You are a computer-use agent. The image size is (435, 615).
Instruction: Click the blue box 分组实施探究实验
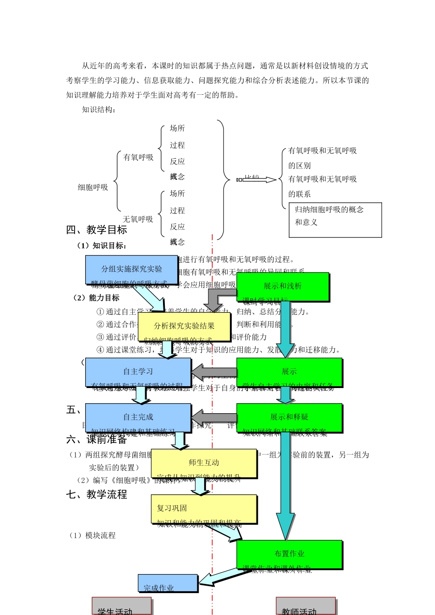point(131,270)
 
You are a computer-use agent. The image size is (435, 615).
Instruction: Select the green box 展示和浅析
point(283,286)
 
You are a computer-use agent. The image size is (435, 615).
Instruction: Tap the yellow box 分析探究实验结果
point(184,326)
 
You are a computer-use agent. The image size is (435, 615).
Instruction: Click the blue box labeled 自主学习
point(138,372)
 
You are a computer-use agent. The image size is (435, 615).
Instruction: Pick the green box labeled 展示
point(289,372)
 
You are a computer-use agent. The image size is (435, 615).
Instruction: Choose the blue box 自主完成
point(138,417)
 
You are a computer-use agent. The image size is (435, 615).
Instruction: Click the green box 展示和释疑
point(289,417)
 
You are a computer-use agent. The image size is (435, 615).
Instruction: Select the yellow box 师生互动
point(204,463)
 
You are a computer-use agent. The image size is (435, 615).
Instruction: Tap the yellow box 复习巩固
point(204,508)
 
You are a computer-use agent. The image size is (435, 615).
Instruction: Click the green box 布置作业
point(289,554)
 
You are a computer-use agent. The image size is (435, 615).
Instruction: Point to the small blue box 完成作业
point(168,583)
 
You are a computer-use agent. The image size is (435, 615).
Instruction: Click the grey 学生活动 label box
point(121,606)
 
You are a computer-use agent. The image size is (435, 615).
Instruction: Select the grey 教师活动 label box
point(305,606)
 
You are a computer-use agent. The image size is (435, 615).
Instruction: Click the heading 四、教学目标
point(97,230)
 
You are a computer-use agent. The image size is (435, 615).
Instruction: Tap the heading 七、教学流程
point(97,494)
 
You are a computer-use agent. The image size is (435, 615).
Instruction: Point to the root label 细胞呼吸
point(93,187)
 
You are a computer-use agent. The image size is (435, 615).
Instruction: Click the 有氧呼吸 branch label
point(138,157)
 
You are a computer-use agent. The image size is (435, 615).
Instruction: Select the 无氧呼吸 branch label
point(138,219)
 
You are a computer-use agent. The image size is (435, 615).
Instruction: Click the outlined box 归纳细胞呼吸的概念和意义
point(335,220)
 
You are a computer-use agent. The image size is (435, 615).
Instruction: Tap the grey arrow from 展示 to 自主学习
point(214,370)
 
